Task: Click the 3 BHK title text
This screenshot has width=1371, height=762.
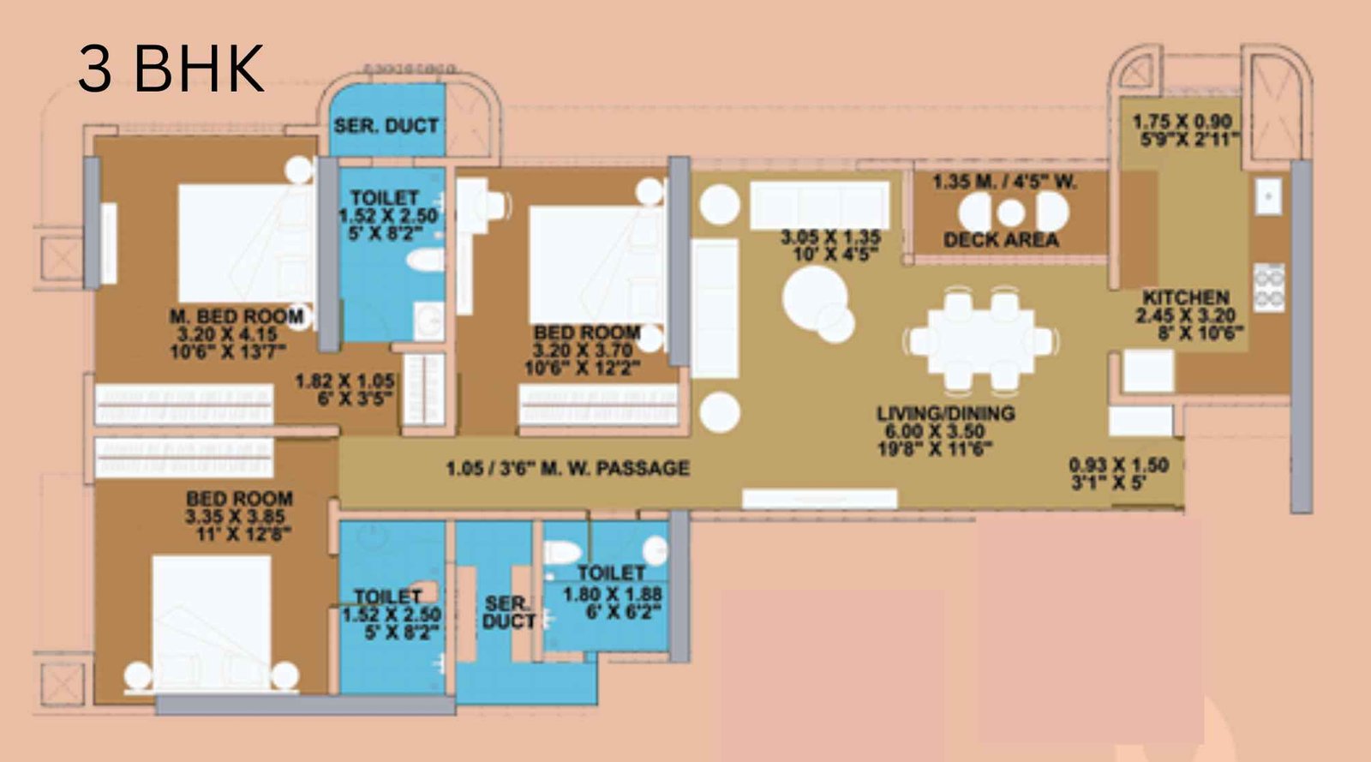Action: click(171, 69)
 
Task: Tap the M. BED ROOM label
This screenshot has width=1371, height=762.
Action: click(236, 316)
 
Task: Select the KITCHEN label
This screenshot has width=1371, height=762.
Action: click(1186, 297)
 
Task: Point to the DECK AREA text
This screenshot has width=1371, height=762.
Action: click(1001, 240)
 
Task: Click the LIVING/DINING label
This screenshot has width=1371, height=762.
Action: click(945, 413)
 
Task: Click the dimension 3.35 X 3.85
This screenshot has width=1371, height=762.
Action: click(235, 517)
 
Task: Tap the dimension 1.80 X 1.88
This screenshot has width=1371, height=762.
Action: click(612, 593)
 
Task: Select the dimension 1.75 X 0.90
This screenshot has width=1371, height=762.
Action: click(1182, 122)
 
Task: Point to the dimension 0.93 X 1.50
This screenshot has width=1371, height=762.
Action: click(1118, 465)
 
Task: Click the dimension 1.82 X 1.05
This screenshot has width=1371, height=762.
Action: click(344, 381)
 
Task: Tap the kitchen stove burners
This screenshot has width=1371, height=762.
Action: click(1268, 286)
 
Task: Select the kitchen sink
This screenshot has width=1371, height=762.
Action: click(1268, 196)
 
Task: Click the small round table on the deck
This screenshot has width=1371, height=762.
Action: click(1011, 212)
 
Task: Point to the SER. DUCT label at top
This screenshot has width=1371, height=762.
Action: click(386, 126)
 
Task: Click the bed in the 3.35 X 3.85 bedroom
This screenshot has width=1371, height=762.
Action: click(212, 613)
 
